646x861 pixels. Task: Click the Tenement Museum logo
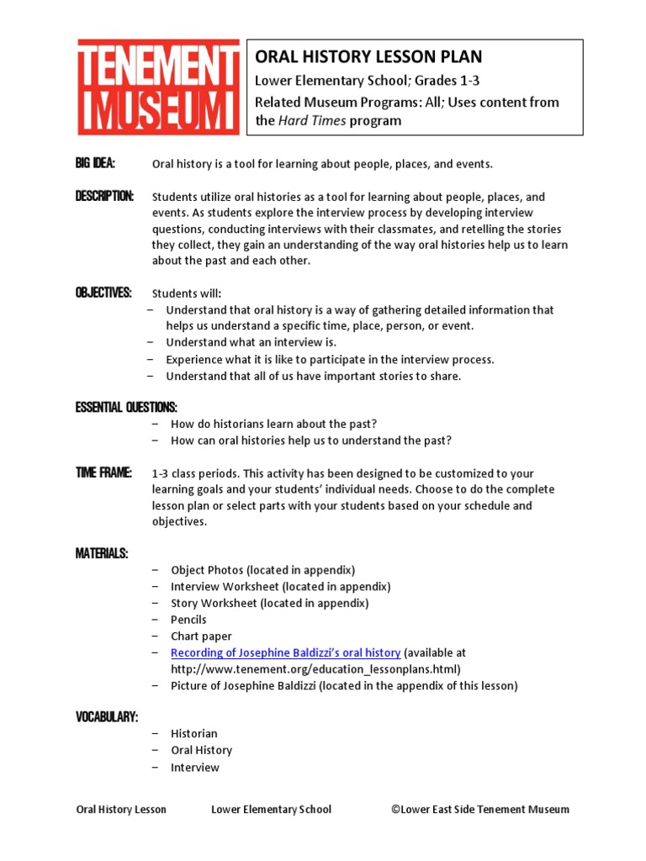(157, 87)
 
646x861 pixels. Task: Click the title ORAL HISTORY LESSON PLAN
(369, 57)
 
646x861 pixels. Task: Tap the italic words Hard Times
(311, 120)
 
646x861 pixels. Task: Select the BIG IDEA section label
(95, 163)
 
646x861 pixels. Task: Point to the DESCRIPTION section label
(104, 196)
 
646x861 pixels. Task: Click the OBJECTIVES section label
(103, 293)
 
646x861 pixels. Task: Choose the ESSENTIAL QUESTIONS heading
(126, 408)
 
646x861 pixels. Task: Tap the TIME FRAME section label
(103, 473)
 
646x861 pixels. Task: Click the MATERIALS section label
(102, 553)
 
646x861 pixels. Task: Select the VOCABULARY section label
(107, 716)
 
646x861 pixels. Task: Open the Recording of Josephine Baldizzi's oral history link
(285, 652)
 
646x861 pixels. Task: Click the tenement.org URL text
(315, 669)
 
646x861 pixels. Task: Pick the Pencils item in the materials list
(188, 620)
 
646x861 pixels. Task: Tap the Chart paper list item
(201, 637)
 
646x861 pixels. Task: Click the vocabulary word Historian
(194, 734)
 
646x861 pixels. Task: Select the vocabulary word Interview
(195, 768)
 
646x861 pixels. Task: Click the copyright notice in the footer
(479, 810)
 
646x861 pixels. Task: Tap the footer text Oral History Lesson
(121, 810)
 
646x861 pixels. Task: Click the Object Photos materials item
(262, 570)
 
